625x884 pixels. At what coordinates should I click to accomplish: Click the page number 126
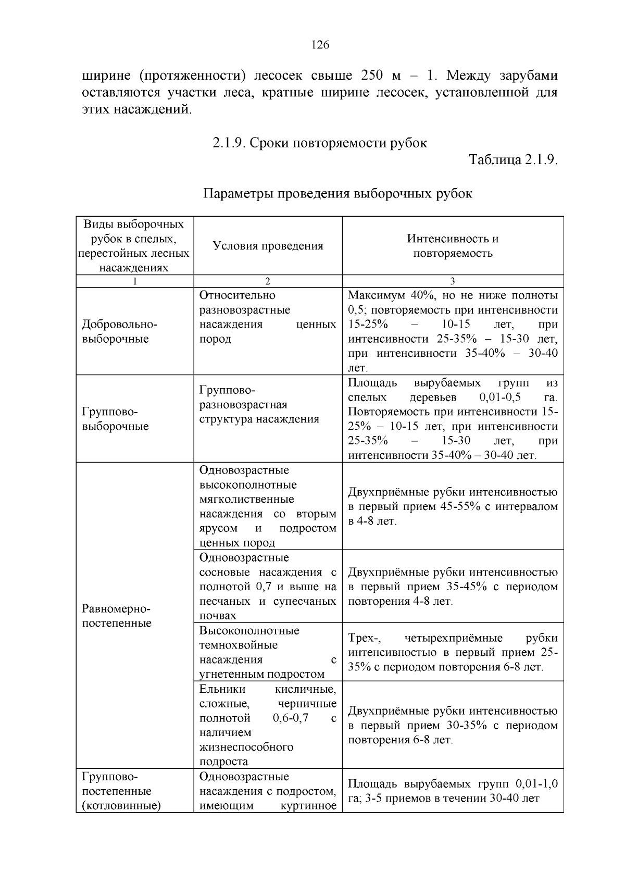click(320, 45)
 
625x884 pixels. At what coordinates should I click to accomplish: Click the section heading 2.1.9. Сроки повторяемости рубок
click(319, 143)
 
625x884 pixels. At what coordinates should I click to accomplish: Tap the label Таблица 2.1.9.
click(513, 159)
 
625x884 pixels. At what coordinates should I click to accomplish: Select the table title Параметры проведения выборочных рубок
click(337, 194)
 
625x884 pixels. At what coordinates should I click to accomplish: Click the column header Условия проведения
click(268, 246)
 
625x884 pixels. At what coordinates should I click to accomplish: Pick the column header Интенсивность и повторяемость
click(453, 246)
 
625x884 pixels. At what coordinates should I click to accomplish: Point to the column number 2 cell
click(268, 281)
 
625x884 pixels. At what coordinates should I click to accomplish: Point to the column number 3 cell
click(453, 281)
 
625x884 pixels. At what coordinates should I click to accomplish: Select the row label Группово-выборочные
click(115, 419)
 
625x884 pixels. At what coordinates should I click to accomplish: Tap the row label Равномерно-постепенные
click(116, 616)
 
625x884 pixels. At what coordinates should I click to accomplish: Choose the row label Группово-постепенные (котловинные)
click(121, 791)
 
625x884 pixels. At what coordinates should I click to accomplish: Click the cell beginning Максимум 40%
click(453, 331)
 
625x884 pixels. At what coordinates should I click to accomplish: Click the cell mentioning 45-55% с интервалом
click(453, 506)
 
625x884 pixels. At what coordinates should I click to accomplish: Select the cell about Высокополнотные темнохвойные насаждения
click(268, 652)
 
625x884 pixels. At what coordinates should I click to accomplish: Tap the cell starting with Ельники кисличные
click(268, 725)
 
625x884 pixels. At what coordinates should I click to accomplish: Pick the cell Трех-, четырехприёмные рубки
click(453, 652)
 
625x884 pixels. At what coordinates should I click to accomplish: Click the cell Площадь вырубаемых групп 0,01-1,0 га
click(453, 791)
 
